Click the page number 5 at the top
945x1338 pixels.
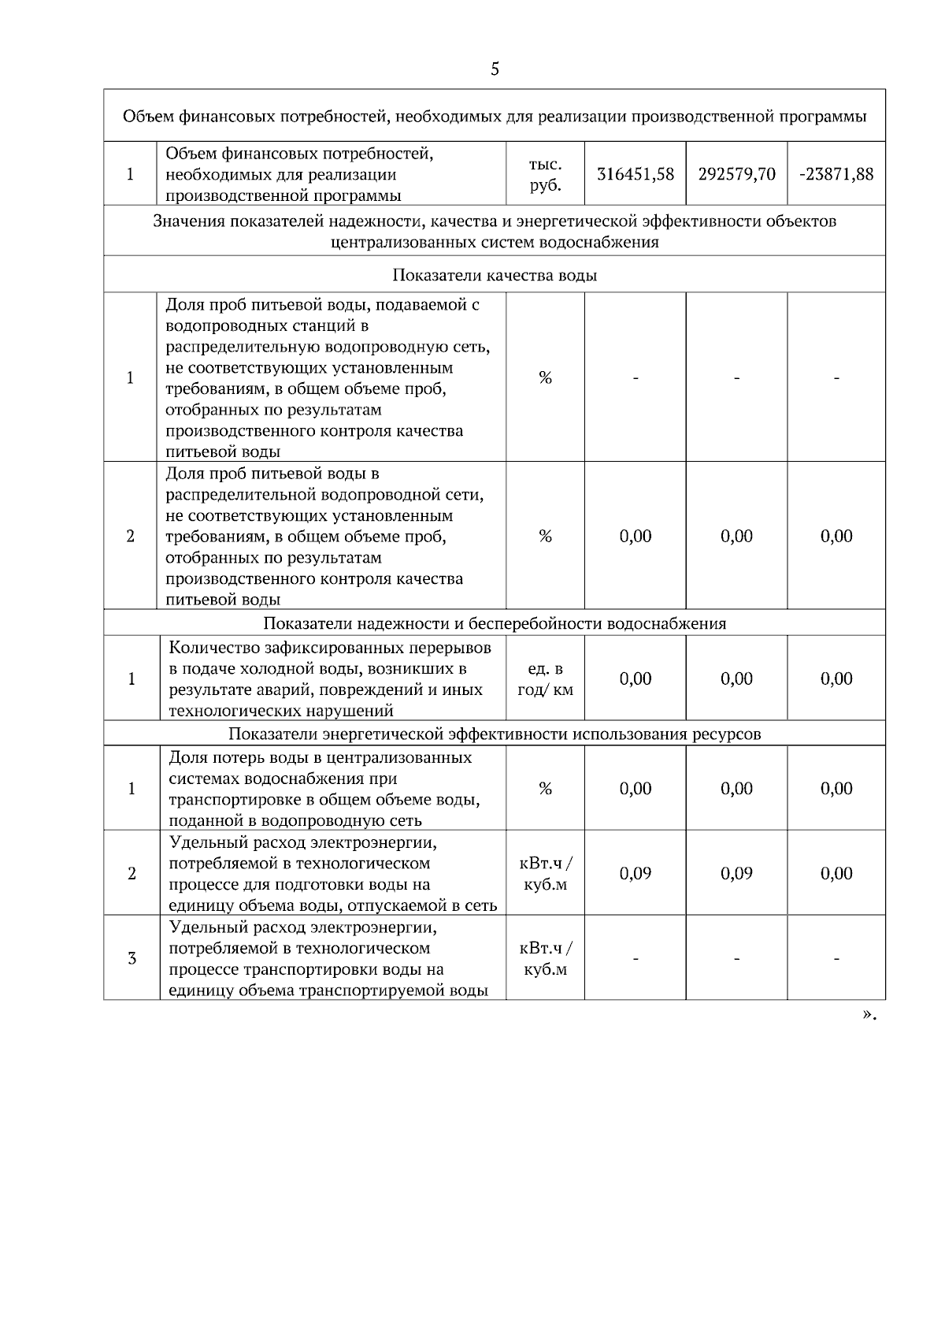pyautogui.click(x=495, y=69)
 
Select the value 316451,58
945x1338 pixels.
pyautogui.click(x=636, y=174)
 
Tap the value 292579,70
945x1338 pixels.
pyautogui.click(x=736, y=174)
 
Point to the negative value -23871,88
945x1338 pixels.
pyautogui.click(x=836, y=174)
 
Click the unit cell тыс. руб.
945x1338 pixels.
pyautogui.click(x=545, y=174)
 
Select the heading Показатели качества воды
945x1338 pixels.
pyautogui.click(x=495, y=275)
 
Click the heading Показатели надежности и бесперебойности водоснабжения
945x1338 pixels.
pyautogui.click(x=495, y=623)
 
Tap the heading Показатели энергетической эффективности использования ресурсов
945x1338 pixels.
pyautogui.click(x=495, y=734)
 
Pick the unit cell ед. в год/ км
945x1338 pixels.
pyautogui.click(x=545, y=679)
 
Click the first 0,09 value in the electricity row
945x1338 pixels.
pyautogui.click(x=636, y=873)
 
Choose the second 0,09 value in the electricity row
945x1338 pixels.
pyautogui.click(x=736, y=873)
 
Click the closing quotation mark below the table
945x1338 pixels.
pyautogui.click(x=869, y=1015)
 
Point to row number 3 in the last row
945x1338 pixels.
pyautogui.click(x=132, y=958)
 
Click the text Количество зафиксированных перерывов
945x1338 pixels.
pyautogui.click(x=330, y=648)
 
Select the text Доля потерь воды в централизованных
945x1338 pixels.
pyautogui.click(x=321, y=757)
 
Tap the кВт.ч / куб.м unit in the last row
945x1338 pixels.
pyautogui.click(x=545, y=958)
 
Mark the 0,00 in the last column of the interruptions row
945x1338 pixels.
pyautogui.click(x=836, y=679)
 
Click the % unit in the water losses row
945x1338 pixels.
pyautogui.click(x=545, y=789)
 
